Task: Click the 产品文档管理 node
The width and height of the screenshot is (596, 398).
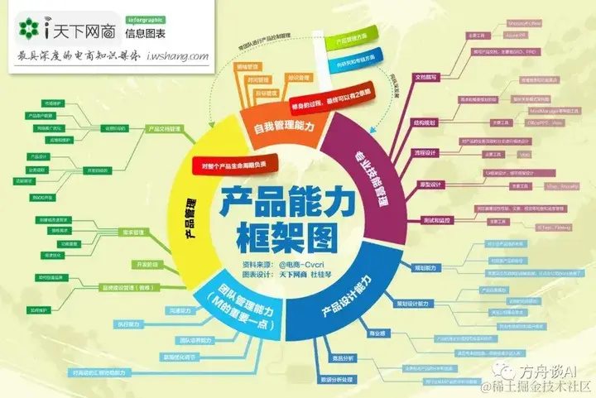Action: click(164, 128)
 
